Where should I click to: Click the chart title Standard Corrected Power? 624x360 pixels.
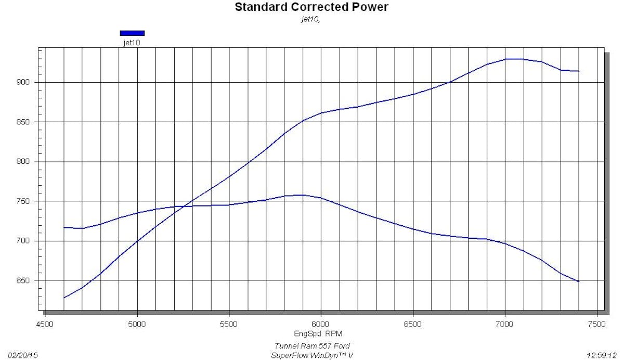pyautogui.click(x=311, y=7)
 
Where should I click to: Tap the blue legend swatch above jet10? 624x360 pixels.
pyautogui.click(x=132, y=33)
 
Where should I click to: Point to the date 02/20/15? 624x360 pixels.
pyautogui.click(x=23, y=355)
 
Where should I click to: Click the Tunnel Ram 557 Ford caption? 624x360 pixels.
pyautogui.click(x=312, y=346)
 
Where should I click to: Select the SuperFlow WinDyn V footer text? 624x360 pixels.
pyautogui.click(x=312, y=355)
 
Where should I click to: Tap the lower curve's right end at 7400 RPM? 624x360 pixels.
pyautogui.click(x=579, y=281)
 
